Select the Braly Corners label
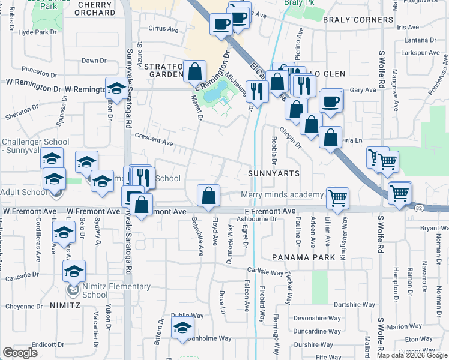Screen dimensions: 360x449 click(x=358, y=20)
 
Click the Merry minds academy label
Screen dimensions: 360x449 click(x=282, y=195)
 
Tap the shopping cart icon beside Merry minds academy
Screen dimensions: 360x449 click(x=338, y=197)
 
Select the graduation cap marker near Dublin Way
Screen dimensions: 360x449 click(x=182, y=328)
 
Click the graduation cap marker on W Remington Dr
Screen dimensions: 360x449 click(x=116, y=88)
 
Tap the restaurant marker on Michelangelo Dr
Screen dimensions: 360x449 click(x=257, y=91)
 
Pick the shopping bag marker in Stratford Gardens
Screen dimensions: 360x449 click(x=195, y=71)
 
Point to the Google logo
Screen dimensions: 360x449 click(x=20, y=353)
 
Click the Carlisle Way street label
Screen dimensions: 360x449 click(x=264, y=271)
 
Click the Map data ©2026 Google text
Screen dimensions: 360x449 click(x=411, y=355)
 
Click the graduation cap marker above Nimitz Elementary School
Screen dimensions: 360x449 click(x=74, y=271)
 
